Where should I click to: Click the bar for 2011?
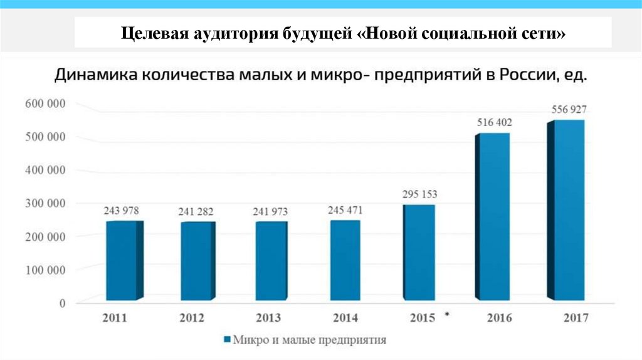pyautogui.click(x=123, y=260)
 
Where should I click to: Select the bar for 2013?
pyautogui.click(x=271, y=260)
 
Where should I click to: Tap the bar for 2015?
pyautogui.click(x=419, y=252)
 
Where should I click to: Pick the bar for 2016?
pyautogui.click(x=493, y=216)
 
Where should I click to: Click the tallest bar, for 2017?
pyautogui.click(x=568, y=210)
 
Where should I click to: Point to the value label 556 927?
pyautogui.click(x=569, y=109)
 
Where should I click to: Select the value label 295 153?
pyautogui.click(x=420, y=194)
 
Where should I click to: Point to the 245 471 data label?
pyautogui.click(x=345, y=209)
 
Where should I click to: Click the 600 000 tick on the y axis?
pyautogui.click(x=45, y=103)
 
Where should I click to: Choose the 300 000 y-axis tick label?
pyautogui.click(x=45, y=203)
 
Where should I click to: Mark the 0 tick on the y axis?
pyautogui.click(x=62, y=303)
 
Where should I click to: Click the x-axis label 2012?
pyautogui.click(x=191, y=318)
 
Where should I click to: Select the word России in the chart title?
pyautogui.click(x=523, y=75)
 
